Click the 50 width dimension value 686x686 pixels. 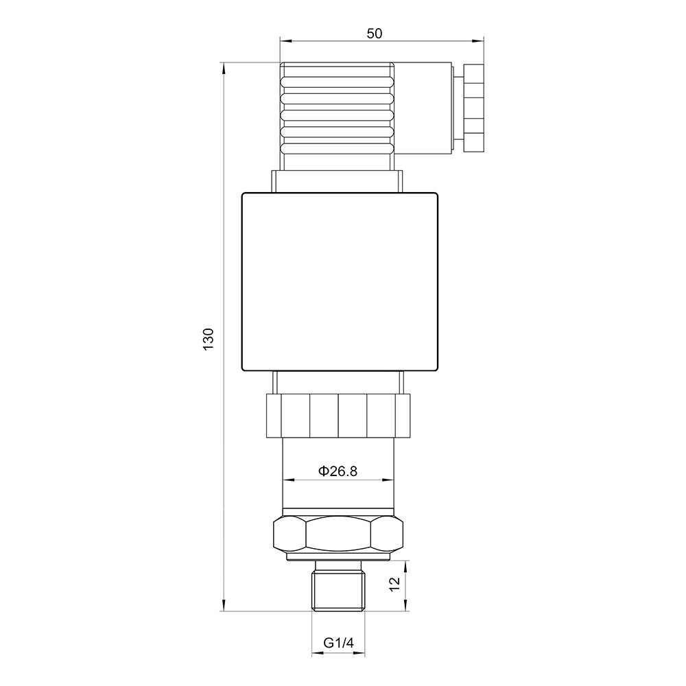(374, 34)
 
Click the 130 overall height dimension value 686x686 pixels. (209, 339)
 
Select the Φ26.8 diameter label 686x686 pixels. (338, 471)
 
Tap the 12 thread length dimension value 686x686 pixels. (394, 585)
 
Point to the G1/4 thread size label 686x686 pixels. (338, 643)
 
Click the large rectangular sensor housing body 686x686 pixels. (340, 282)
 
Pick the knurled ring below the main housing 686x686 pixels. (338, 416)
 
